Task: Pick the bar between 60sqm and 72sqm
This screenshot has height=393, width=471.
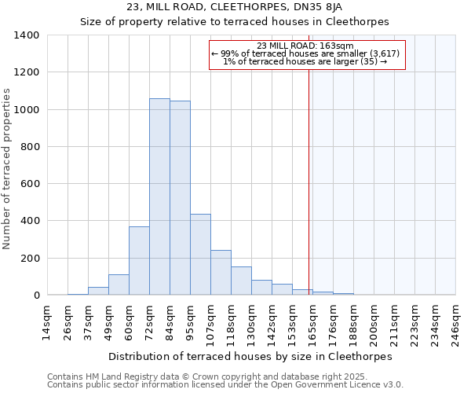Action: [139, 261]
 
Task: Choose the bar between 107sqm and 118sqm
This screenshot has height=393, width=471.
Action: [221, 273]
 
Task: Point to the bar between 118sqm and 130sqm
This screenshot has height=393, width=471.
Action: [241, 281]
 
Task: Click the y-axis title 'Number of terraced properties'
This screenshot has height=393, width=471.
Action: [8, 168]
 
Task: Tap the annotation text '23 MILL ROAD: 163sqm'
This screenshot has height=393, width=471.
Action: [305, 46]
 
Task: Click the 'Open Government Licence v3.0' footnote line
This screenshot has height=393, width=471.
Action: [225, 384]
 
